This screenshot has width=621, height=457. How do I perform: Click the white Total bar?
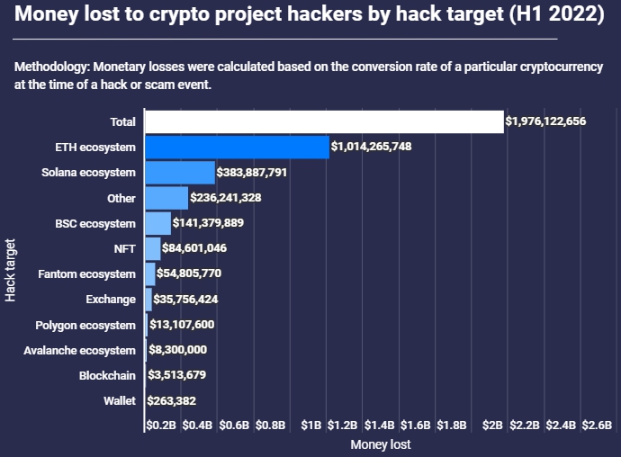(x=324, y=121)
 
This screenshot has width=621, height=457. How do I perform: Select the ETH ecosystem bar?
(x=237, y=147)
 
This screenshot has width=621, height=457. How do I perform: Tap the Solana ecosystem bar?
(x=180, y=172)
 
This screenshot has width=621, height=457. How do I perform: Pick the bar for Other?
(x=166, y=198)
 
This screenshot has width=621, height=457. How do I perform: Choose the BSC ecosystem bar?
(x=157, y=223)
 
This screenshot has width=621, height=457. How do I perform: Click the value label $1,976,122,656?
(x=545, y=121)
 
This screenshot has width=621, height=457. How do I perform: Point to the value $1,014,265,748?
(x=371, y=147)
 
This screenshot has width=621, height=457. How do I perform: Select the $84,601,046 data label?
(x=194, y=248)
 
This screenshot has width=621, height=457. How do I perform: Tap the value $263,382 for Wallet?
(x=171, y=401)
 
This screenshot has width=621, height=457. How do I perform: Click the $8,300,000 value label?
(x=177, y=350)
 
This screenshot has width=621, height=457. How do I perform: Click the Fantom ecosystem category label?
(x=86, y=273)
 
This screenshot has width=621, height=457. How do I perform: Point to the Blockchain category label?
(x=107, y=375)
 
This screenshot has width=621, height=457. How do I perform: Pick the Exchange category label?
(x=110, y=299)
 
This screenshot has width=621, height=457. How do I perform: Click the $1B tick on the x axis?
(x=311, y=425)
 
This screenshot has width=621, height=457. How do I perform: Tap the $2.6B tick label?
(x=597, y=425)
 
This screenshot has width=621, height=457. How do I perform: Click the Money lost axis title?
(x=380, y=444)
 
